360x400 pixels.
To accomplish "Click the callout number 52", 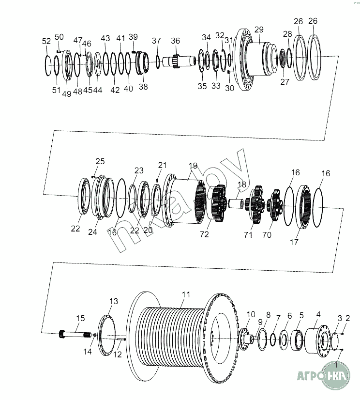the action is [x=46, y=41].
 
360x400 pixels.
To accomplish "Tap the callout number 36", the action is [x=176, y=41].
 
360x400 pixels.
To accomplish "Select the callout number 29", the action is [x=259, y=30].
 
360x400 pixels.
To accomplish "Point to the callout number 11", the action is [x=186, y=294].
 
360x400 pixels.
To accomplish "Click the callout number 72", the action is [x=205, y=234].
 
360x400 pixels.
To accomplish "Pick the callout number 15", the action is [x=80, y=318].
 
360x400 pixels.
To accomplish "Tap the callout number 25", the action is [x=100, y=161].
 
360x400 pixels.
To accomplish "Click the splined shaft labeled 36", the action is [x=179, y=61].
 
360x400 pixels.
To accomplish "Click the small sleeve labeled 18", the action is [x=235, y=203].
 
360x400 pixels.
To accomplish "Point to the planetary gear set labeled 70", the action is [x=275, y=205].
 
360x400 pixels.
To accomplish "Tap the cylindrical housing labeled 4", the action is [x=316, y=340].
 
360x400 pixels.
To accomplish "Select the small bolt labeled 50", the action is [x=59, y=51].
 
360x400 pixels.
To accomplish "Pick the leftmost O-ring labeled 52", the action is [x=47, y=65].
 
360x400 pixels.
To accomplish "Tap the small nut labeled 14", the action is [x=94, y=335].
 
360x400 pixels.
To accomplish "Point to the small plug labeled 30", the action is [x=229, y=72].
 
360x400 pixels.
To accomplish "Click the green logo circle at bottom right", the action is [x=335, y=375].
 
